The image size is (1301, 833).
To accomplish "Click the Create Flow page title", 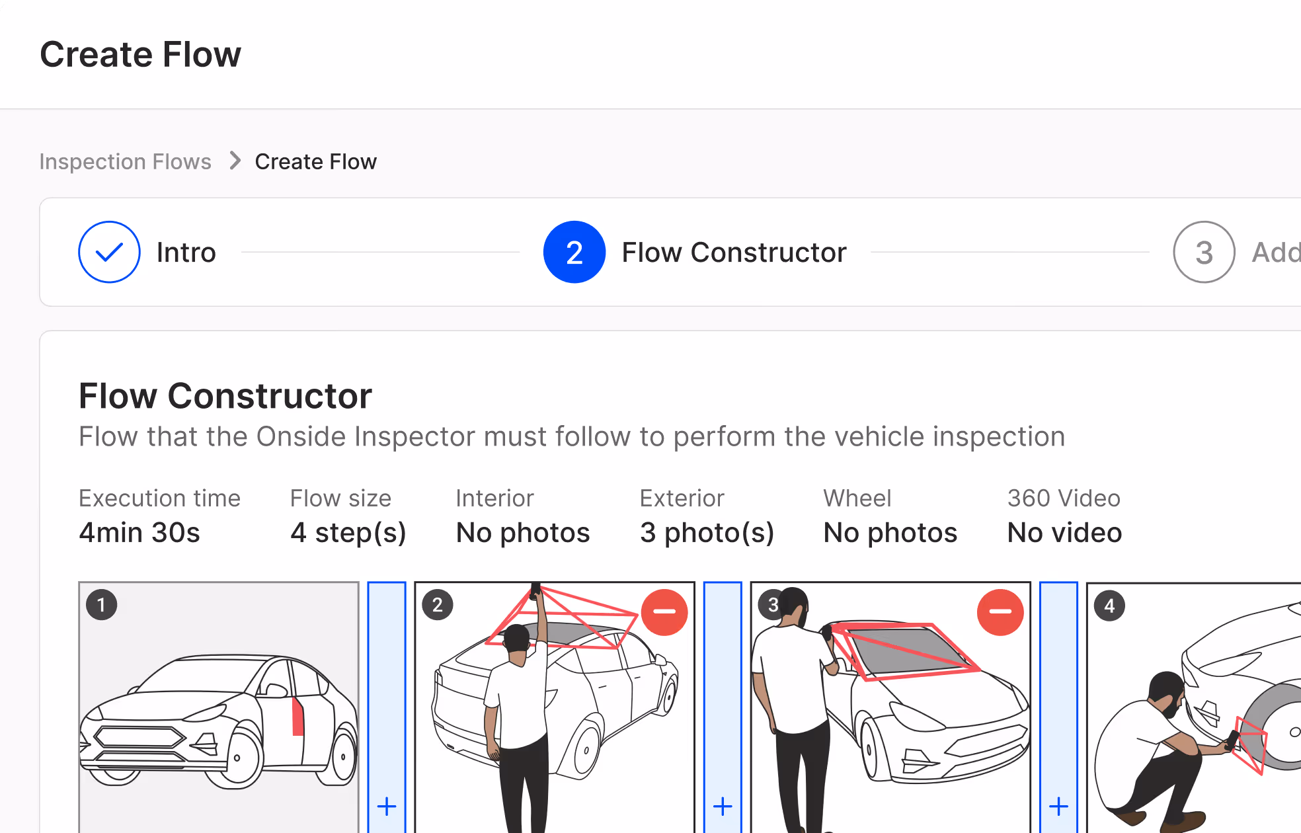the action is point(140,54).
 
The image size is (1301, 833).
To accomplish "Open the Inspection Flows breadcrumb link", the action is point(125,161).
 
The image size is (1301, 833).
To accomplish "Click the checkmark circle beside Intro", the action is point(109,252).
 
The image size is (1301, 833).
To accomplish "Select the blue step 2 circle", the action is point(574,252).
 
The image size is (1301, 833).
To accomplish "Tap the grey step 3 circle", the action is point(1204,252).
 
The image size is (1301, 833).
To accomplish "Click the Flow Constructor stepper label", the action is point(734,252).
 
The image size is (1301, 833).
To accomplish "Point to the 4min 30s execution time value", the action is point(139,532).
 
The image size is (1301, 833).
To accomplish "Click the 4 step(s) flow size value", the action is point(348,532).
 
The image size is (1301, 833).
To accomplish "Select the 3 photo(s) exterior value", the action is point(707,532).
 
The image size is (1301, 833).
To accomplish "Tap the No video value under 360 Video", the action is point(1064,532).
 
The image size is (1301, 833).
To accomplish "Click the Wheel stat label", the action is point(857,498).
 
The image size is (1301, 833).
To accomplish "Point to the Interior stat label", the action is point(494,498).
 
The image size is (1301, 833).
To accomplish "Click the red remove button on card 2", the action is point(664,612).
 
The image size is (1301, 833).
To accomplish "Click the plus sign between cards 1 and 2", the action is point(387,807).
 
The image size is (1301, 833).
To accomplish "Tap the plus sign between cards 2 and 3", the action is point(723,807).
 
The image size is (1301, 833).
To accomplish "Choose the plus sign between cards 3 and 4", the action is point(1058,807).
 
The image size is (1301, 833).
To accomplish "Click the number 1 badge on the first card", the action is point(102,605).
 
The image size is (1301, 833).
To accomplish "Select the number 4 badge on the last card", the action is point(1109,606).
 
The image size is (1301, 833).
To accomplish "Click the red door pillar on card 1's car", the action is point(297,716).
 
